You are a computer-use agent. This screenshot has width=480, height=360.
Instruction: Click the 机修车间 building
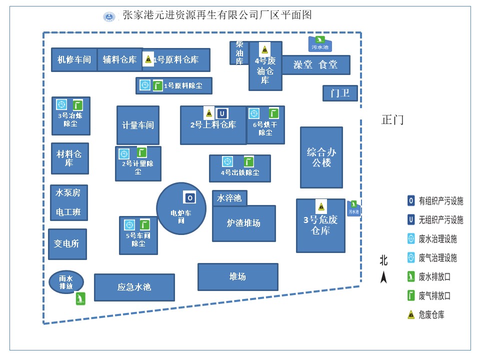pyautogui.click(x=74, y=60)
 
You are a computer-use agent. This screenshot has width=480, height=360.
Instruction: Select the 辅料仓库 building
pyautogui.click(x=119, y=60)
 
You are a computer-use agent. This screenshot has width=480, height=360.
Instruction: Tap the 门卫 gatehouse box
pyautogui.click(x=340, y=93)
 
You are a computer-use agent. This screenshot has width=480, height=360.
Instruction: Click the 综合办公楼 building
pyautogui.click(x=321, y=157)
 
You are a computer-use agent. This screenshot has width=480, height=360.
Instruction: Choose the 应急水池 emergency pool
pyautogui.click(x=134, y=287)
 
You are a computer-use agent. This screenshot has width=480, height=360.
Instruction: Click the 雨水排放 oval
pyautogui.click(x=66, y=282)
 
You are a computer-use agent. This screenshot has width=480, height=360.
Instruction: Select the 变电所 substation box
pyautogui.click(x=67, y=244)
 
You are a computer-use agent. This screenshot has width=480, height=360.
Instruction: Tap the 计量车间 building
pyautogui.click(x=137, y=125)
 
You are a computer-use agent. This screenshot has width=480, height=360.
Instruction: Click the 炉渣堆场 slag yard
pyautogui.click(x=243, y=223)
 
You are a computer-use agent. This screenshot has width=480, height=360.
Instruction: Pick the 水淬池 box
pyautogui.click(x=229, y=198)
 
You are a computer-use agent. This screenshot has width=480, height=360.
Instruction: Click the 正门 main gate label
pyautogui.click(x=392, y=120)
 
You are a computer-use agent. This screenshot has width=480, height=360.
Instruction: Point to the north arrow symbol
pyautogui.click(x=383, y=275)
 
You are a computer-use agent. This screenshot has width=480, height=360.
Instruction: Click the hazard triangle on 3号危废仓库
pyautogui.click(x=321, y=206)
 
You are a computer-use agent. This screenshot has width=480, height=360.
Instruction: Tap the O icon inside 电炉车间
pyautogui.click(x=189, y=198)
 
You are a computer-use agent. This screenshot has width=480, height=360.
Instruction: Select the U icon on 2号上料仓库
pyautogui.click(x=222, y=113)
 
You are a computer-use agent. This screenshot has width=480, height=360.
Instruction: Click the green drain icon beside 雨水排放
pyautogui.click(x=79, y=299)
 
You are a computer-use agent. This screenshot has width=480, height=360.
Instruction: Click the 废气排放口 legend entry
pyautogui.click(x=429, y=295)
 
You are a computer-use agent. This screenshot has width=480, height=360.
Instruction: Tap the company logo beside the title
pyautogui.click(x=109, y=16)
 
